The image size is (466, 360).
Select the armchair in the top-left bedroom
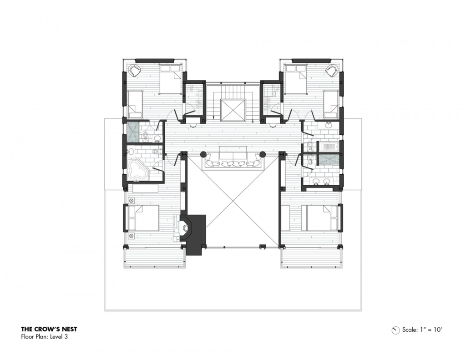[x=134, y=70]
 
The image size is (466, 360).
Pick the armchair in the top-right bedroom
[x=332, y=70]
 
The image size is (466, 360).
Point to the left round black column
[x=203, y=154]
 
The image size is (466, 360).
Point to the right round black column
[x=263, y=154]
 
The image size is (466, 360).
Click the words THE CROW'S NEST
[x=49, y=329]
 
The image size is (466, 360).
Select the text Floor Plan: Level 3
[x=44, y=337]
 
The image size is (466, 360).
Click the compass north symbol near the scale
[x=395, y=330]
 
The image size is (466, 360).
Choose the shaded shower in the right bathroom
[x=328, y=159]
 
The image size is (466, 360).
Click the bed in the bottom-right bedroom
[x=320, y=218]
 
